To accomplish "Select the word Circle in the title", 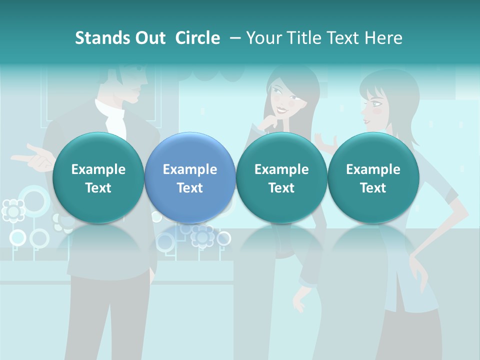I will [197, 38].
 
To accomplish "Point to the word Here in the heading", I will [384, 38].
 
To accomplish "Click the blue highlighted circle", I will [190, 178].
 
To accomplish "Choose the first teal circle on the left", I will [98, 178].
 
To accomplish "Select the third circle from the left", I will [281, 178].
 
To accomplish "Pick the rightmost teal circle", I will [373, 178].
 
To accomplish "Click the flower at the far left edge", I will [13, 210].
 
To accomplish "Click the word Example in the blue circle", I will [190, 169].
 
